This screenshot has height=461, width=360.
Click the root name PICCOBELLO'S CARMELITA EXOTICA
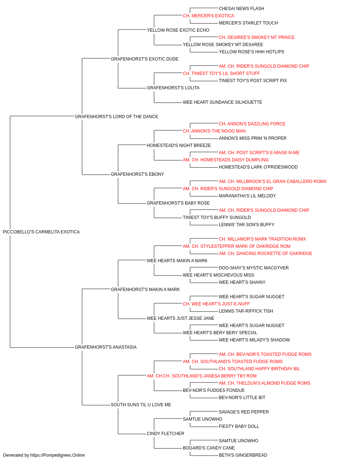point(41,232)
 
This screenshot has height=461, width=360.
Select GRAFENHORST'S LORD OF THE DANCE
point(116,116)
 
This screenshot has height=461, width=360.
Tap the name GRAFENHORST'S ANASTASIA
point(105,347)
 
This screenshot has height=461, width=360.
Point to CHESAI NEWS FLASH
point(242,9)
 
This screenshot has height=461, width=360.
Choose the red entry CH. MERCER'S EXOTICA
point(208,16)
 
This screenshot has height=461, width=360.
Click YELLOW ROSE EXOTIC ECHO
point(178,30)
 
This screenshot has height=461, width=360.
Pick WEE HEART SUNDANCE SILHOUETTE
point(222,102)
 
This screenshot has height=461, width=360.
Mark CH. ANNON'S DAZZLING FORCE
point(252,124)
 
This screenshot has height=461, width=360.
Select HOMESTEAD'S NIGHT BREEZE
point(179,145)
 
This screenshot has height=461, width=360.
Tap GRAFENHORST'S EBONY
point(138,174)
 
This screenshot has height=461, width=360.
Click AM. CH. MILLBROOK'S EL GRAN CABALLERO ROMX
point(273,182)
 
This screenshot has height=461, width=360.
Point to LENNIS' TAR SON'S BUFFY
point(247,225)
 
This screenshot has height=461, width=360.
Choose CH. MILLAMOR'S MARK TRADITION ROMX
point(262,239)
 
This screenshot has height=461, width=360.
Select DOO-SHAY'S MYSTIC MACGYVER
point(254,268)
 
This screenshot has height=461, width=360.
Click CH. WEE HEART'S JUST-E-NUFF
point(216,304)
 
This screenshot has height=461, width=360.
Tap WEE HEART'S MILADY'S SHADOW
point(254,340)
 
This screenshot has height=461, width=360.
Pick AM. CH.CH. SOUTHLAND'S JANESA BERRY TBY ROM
point(202,376)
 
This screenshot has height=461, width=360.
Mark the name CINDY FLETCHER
point(165,434)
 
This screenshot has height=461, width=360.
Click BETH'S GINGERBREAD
point(243,455)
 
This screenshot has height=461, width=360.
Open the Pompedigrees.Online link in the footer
point(58,455)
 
